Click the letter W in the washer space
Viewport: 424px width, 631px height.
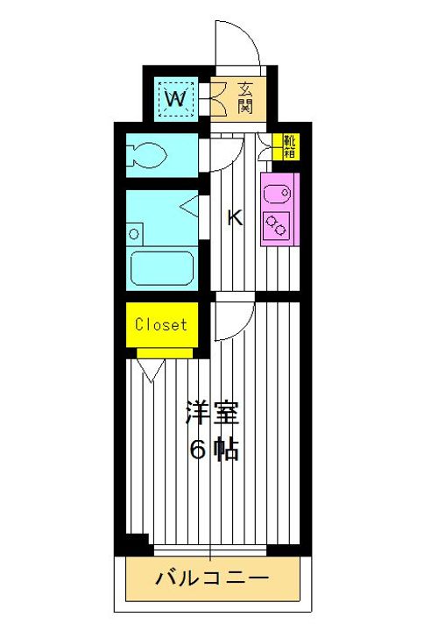(x=175, y=98)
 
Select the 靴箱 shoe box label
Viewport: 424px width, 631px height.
(x=287, y=146)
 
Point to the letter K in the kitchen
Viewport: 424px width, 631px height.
(x=234, y=218)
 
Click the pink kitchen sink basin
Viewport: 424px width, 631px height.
(x=279, y=188)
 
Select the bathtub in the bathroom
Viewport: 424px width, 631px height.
(x=162, y=266)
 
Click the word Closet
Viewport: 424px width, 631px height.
(x=160, y=324)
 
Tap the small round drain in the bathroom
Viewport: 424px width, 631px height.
(x=134, y=233)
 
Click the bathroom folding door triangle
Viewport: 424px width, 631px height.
(x=192, y=209)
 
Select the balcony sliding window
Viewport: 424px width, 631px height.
(x=210, y=549)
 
